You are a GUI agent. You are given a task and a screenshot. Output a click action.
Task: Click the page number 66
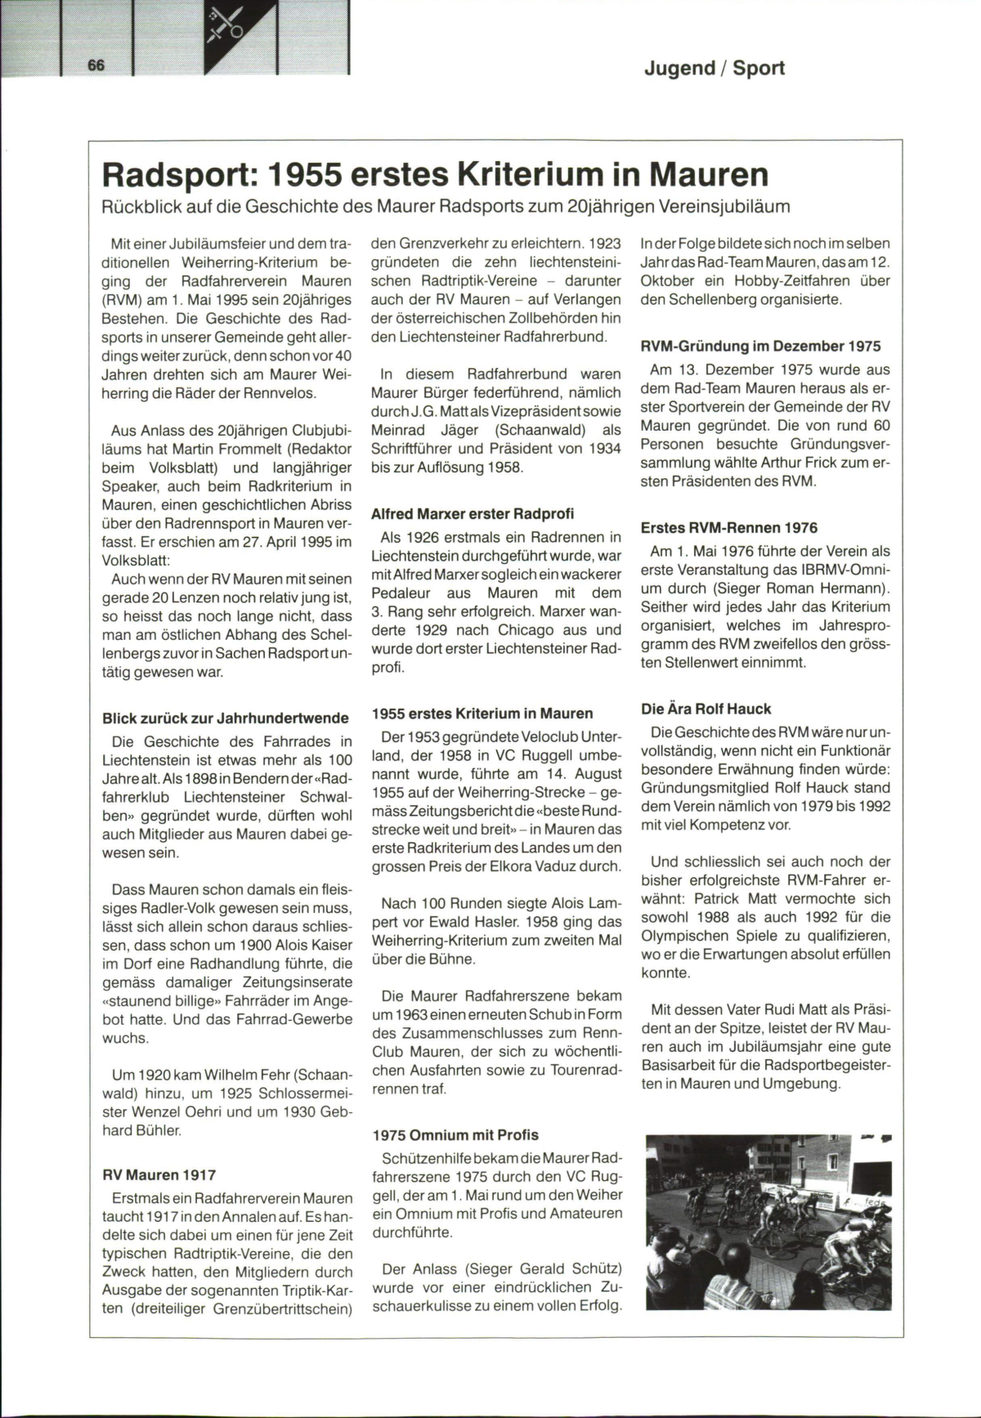coord(96,65)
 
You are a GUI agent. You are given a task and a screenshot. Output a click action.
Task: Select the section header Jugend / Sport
coord(714,68)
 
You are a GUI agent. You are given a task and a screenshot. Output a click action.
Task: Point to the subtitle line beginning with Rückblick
coord(446,206)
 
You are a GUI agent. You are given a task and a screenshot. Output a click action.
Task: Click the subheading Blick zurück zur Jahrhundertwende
coord(226,718)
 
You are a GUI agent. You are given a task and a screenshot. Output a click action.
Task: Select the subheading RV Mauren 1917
coord(159,1174)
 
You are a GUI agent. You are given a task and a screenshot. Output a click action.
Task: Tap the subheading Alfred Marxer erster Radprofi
coord(473,513)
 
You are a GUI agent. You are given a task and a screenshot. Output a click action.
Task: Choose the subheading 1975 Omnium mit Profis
coord(455,1134)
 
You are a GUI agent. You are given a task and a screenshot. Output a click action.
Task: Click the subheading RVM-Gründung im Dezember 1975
coord(760,346)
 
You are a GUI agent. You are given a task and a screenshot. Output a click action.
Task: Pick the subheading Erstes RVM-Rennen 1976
coord(729,528)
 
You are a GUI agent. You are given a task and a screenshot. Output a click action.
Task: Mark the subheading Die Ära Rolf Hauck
coord(706,709)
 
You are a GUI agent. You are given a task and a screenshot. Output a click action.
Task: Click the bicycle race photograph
coord(768,1222)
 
